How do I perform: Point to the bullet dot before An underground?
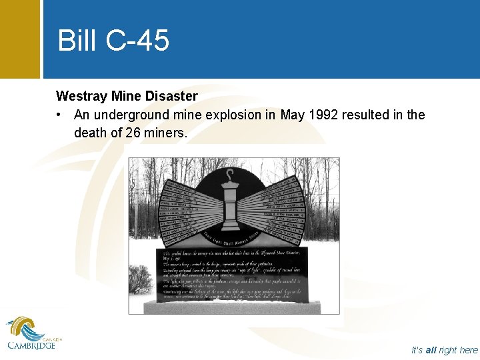(x=60, y=115)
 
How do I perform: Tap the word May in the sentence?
(x=292, y=115)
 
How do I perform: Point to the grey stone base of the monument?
(x=233, y=307)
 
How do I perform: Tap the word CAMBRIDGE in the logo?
(x=31, y=345)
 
